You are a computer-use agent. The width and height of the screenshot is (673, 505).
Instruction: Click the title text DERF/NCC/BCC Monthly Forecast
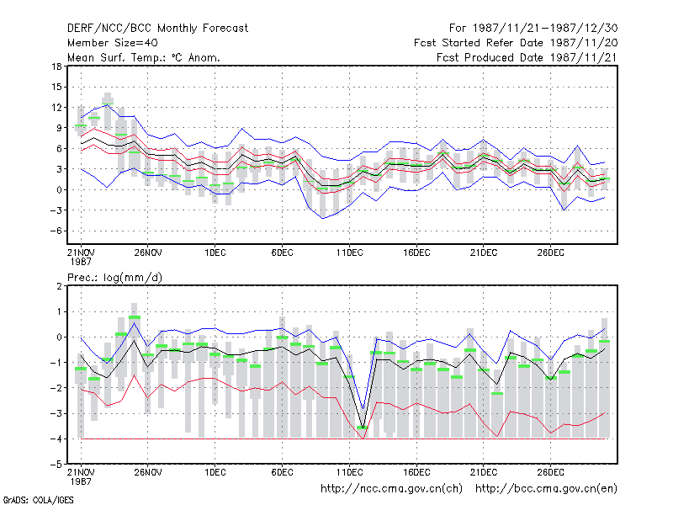point(157,29)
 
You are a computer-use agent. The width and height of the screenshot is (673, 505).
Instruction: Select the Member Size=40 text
point(113,43)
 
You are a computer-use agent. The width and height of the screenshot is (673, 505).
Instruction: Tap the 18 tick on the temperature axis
point(57,66)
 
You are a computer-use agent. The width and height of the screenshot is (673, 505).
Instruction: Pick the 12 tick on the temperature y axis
point(57,108)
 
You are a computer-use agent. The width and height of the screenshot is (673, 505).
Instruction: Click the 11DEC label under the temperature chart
point(349,252)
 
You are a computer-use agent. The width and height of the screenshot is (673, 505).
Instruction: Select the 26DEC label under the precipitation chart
point(551,472)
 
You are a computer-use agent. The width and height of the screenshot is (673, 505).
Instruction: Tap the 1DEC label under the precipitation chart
point(215,472)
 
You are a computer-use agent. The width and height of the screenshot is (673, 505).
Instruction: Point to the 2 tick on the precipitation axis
point(59,286)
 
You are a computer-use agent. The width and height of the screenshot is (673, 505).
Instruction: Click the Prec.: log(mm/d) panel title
point(114,278)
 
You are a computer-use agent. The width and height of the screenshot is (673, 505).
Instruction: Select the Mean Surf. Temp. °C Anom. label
point(144,57)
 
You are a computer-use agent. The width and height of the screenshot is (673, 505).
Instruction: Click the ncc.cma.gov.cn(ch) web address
point(391,489)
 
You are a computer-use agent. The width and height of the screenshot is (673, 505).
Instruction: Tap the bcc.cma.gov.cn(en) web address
point(546,489)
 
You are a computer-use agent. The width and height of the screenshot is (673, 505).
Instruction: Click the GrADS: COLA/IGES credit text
point(38,500)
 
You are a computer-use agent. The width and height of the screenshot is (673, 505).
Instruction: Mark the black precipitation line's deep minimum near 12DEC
point(363,427)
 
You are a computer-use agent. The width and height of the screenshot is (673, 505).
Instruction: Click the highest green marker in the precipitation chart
point(135,317)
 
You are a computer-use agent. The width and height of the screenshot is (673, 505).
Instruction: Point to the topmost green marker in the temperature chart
point(108,104)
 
